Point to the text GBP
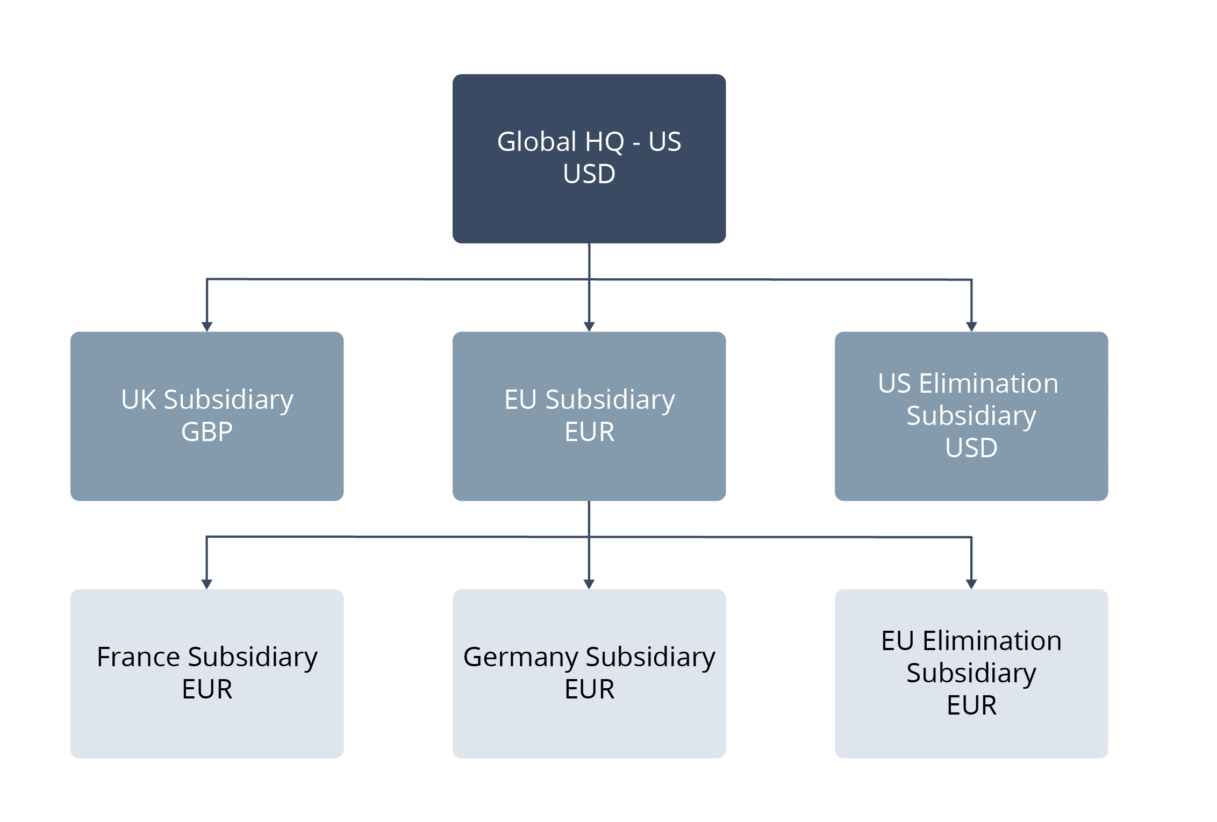point(207,431)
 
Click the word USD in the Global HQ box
point(589,174)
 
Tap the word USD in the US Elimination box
point(971,448)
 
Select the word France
point(138,657)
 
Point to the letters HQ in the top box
point(604,142)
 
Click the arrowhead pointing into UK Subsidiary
point(207,327)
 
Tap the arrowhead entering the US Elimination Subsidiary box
point(971,327)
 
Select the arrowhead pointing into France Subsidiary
point(207,584)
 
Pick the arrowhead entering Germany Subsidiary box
point(589,584)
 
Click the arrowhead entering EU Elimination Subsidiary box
point(971,584)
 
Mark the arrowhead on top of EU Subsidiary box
point(589,327)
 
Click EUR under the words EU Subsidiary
point(589,431)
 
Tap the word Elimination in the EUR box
point(992,641)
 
